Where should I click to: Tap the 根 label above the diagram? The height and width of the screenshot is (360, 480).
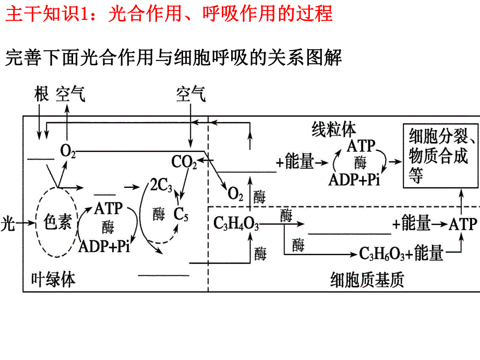(x=41, y=94)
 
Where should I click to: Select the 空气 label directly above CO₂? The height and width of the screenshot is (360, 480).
(x=191, y=94)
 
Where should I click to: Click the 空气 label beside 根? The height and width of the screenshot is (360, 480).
(x=70, y=94)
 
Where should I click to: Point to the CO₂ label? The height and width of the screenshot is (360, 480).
(x=184, y=162)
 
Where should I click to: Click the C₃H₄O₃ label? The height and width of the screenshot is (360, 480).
(x=236, y=224)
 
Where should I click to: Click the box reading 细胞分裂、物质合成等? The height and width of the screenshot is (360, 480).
(x=440, y=156)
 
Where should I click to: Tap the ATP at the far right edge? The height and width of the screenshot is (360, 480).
(x=463, y=224)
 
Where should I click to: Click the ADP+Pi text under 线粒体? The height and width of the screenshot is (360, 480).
(x=354, y=180)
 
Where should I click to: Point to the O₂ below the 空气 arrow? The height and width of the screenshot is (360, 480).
(x=68, y=151)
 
